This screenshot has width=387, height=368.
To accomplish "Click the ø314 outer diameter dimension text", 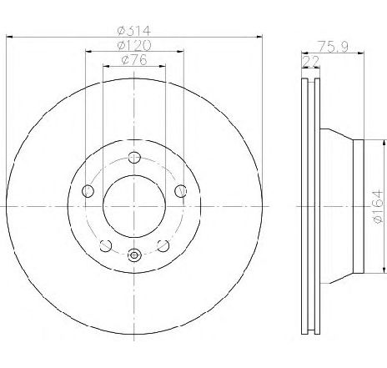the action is click(133, 31).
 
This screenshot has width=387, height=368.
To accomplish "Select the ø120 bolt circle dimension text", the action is click(133, 45).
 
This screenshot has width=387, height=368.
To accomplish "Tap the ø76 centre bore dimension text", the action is click(134, 60).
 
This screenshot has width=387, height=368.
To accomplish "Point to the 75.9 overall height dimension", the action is click(333, 46).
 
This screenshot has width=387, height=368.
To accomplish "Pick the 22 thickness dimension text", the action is click(310, 62).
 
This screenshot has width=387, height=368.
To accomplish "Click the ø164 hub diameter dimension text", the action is click(379, 207).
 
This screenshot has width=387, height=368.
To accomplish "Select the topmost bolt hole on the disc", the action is click(134, 158).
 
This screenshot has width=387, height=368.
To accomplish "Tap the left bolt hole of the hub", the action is click(88, 191).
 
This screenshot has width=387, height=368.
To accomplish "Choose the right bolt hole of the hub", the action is click(181, 191).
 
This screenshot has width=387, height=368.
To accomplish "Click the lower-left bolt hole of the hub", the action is click(105, 245).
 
